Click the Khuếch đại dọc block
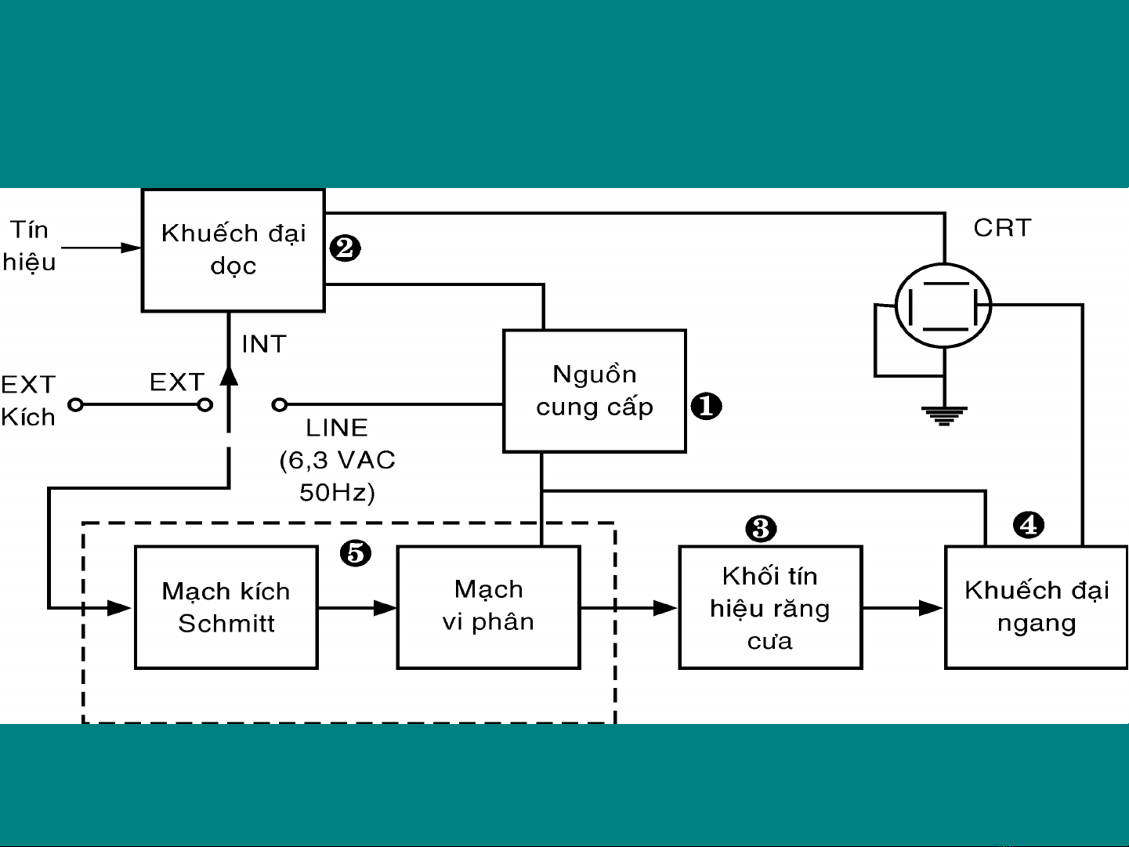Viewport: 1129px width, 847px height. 233,250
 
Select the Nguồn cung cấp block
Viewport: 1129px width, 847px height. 594,391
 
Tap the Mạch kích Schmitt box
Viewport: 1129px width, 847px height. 226,607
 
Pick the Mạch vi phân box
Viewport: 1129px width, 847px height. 488,607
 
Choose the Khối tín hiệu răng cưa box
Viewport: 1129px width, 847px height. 769,607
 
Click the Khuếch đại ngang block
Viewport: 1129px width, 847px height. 1036,607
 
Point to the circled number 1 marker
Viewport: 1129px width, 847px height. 706,406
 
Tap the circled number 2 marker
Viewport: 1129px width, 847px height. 345,248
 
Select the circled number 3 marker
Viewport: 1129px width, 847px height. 761,529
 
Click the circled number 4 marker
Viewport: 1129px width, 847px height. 1028,525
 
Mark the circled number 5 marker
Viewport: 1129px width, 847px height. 356,553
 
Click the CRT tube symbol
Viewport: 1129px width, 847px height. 943,306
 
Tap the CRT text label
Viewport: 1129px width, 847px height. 1002,228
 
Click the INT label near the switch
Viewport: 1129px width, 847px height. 264,344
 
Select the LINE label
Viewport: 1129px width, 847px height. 337,428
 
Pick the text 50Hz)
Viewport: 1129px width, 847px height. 337,492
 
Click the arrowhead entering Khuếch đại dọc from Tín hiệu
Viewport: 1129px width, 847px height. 132,248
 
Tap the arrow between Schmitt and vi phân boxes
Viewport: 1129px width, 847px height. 385,607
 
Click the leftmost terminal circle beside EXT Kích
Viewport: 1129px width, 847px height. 75,405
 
